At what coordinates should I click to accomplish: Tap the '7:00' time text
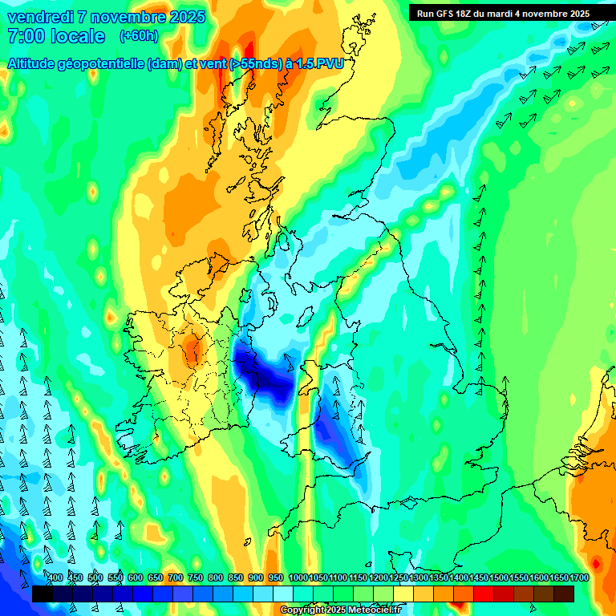point(23,36)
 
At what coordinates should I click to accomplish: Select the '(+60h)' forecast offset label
point(139,36)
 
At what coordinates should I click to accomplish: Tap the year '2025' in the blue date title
point(181,17)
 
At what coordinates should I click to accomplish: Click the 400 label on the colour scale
point(55,577)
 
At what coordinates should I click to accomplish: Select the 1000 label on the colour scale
point(298,577)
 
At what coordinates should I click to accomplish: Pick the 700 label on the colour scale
point(176,577)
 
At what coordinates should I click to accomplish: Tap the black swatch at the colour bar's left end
point(42,594)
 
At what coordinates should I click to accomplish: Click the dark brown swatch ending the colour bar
point(564,594)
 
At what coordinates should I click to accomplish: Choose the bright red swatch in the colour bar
point(484,594)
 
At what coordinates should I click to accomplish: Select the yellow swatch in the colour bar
point(403,594)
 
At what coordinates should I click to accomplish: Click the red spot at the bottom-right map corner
point(596,562)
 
